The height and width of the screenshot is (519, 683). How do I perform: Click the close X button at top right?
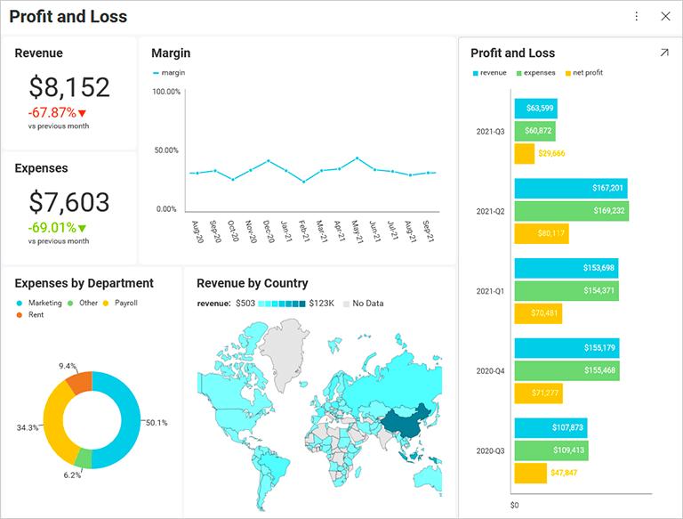pos(665,16)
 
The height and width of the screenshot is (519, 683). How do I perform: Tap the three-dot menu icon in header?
pos(637,16)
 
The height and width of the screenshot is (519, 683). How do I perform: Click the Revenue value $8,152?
pos(69,87)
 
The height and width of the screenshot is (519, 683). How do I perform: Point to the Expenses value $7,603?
pos(69,202)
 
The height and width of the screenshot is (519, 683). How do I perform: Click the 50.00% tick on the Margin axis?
pos(166,150)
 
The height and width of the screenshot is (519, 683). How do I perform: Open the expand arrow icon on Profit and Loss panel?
pos(663,53)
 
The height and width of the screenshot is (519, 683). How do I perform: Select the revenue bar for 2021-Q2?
pos(571,188)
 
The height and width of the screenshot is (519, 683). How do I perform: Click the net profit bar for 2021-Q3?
pos(525,153)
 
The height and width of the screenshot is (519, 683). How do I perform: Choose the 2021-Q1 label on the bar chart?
pos(490,291)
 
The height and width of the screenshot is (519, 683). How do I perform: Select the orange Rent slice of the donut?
pos(78,383)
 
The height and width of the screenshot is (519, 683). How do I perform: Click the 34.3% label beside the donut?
pos(28,428)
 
